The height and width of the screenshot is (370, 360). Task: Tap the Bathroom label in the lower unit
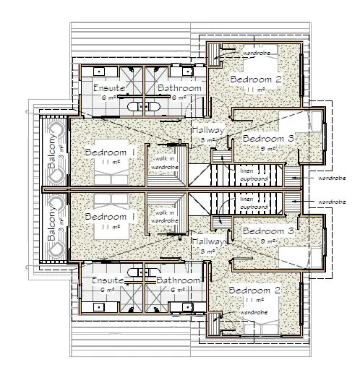(x=177, y=280)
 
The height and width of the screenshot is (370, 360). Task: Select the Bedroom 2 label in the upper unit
(x=254, y=79)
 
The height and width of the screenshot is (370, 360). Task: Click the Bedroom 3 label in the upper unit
(x=268, y=138)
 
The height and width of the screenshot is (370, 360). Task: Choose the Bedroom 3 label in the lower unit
(x=268, y=230)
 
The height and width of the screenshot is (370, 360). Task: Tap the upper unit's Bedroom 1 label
(x=110, y=152)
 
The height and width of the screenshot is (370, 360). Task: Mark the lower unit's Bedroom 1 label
(x=110, y=216)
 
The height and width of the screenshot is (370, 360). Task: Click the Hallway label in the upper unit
(x=207, y=130)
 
